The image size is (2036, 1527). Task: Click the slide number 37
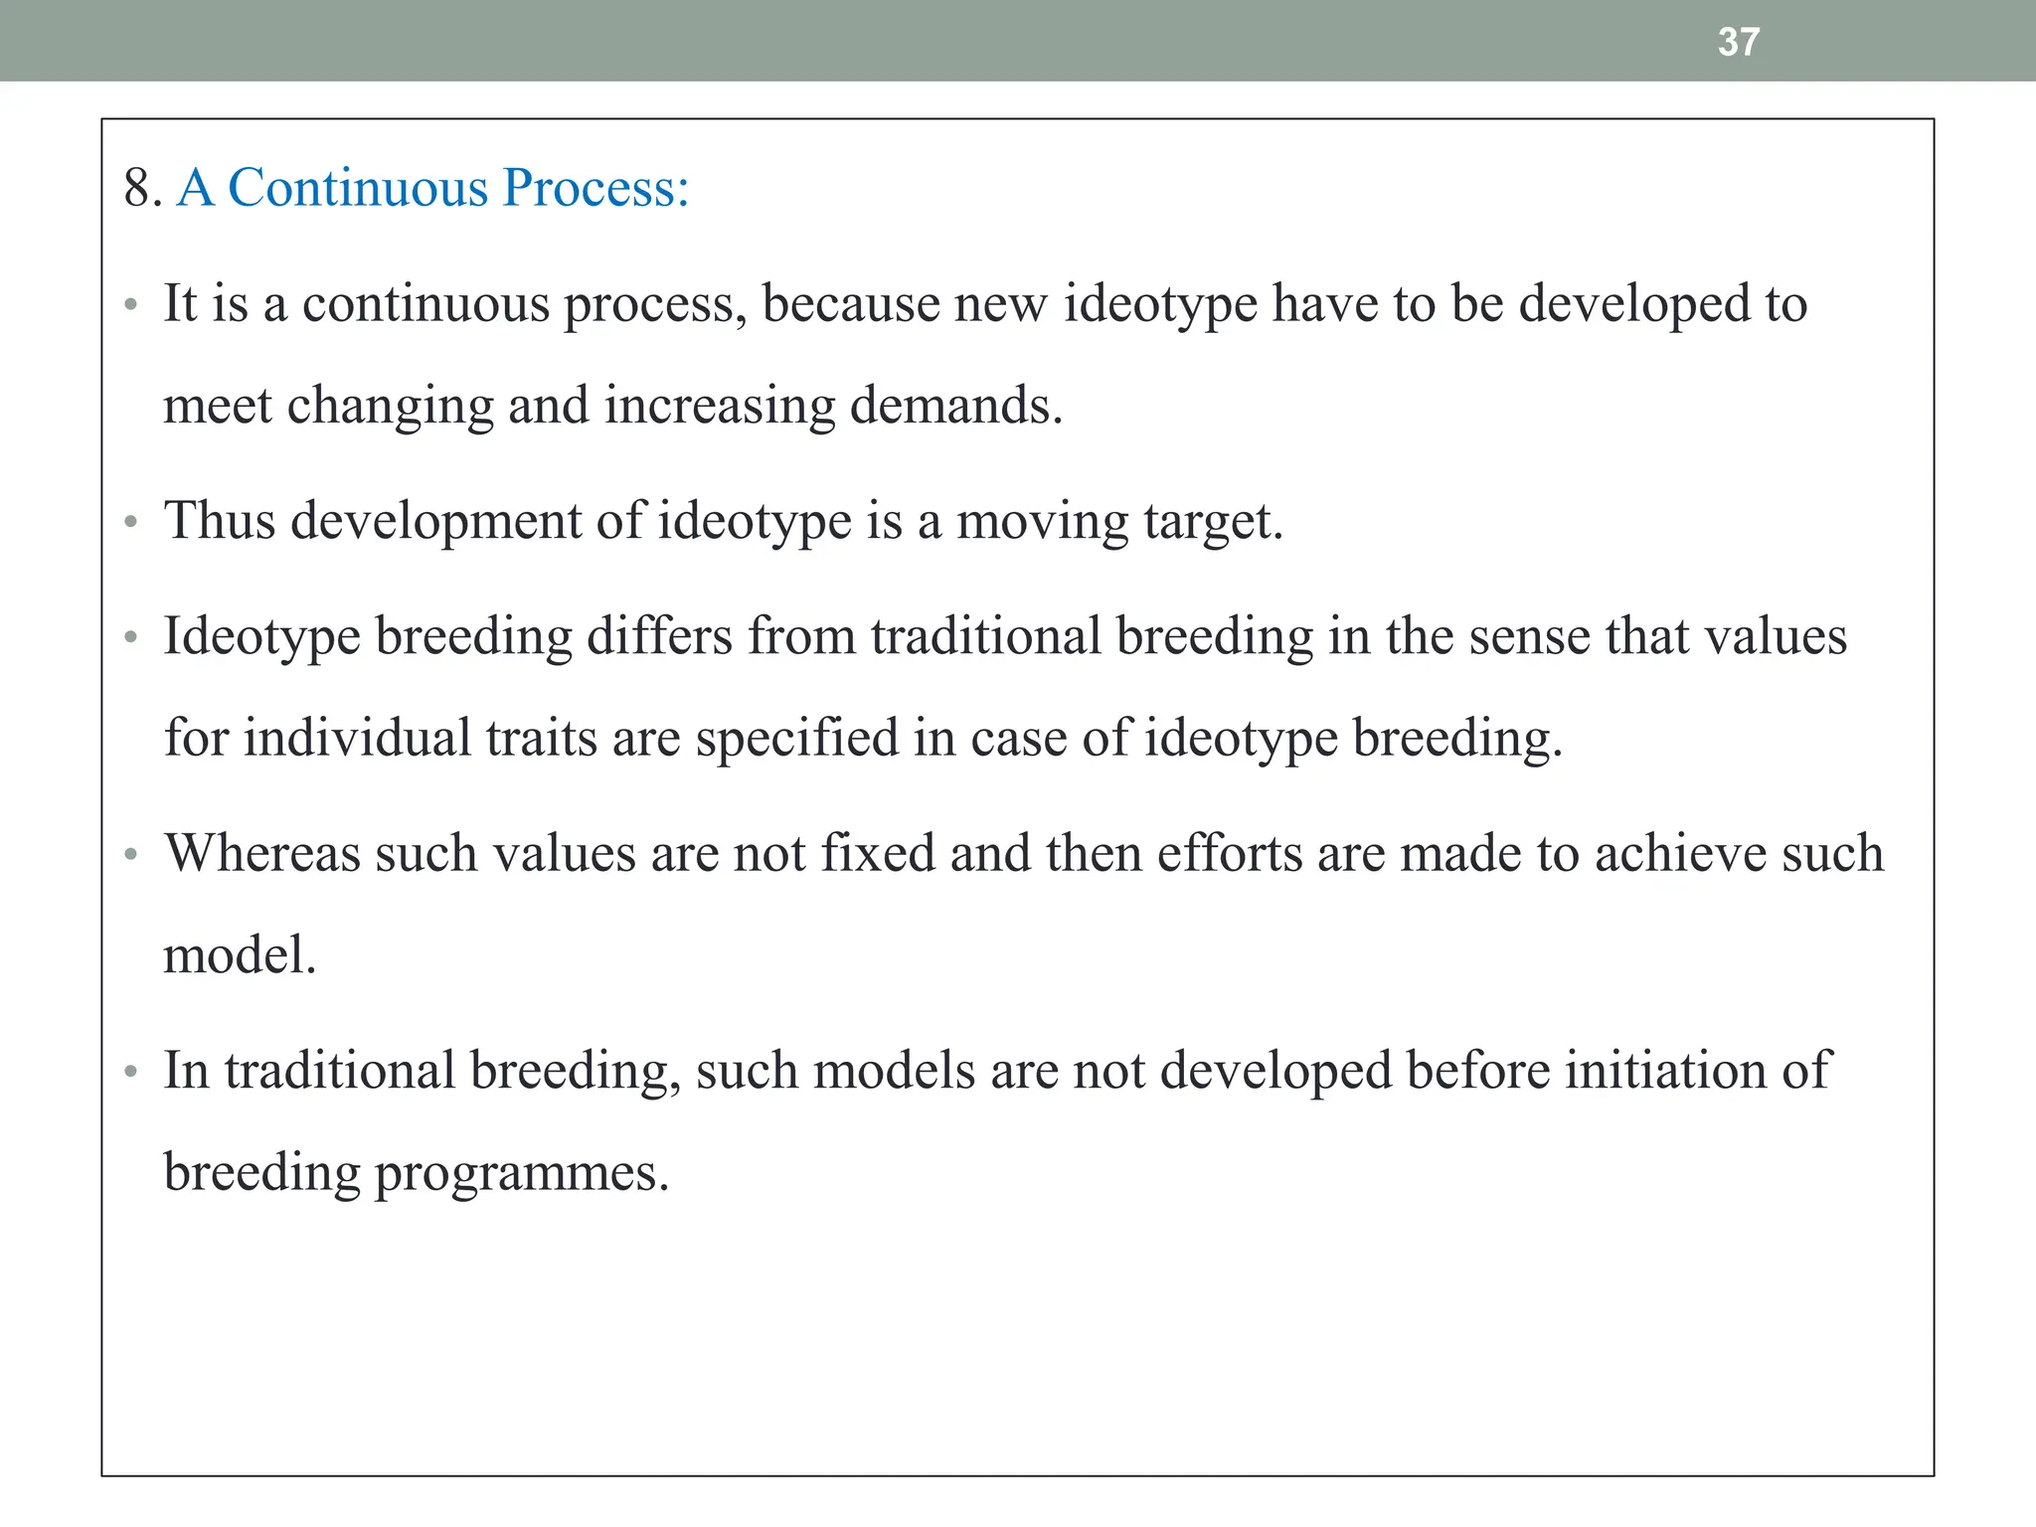[1739, 42]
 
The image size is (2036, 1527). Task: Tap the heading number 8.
[142, 187]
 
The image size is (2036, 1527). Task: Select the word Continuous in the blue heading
[358, 187]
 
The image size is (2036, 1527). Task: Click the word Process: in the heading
[595, 187]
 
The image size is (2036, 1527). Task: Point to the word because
[850, 303]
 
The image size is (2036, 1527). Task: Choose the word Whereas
[262, 853]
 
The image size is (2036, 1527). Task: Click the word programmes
[521, 1174]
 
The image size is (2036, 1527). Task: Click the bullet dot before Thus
[130, 522]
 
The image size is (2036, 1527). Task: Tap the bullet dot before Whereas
[130, 855]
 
